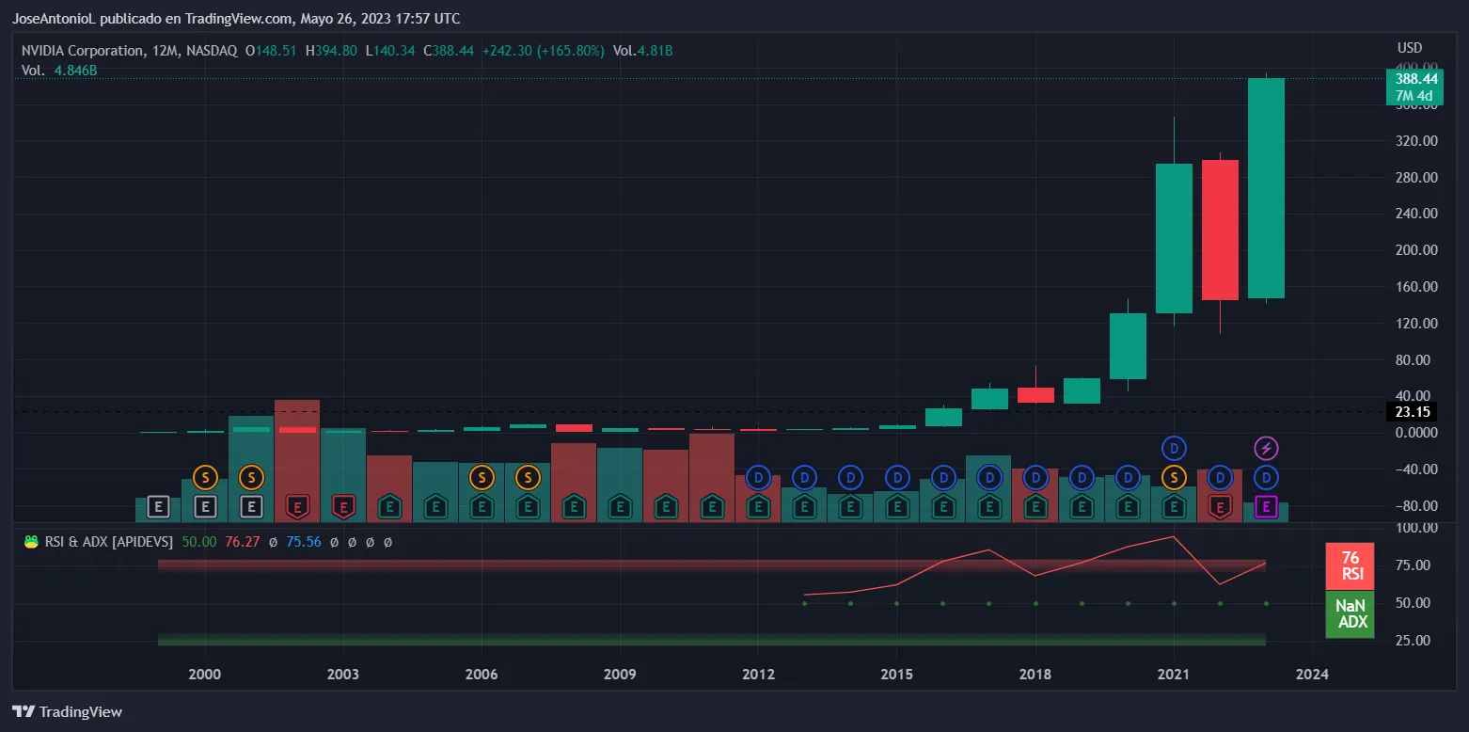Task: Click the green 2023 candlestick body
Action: (x=1266, y=188)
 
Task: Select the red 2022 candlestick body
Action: (x=1220, y=231)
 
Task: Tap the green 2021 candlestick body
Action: (x=1174, y=238)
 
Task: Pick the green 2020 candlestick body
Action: (x=1128, y=345)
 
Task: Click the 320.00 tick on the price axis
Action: (x=1417, y=141)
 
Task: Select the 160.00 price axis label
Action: (x=1417, y=287)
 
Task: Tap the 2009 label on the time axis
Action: (x=620, y=675)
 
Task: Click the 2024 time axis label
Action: (x=1312, y=675)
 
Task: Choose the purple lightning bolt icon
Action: (x=1266, y=448)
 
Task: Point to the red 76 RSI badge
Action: (x=1349, y=565)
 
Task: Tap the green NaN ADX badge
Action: (x=1349, y=613)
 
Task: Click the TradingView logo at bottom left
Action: (x=67, y=712)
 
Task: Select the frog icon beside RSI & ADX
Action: (x=31, y=542)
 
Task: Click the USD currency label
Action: (x=1410, y=48)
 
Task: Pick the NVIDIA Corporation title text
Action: (x=83, y=51)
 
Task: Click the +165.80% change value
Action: (x=571, y=51)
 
